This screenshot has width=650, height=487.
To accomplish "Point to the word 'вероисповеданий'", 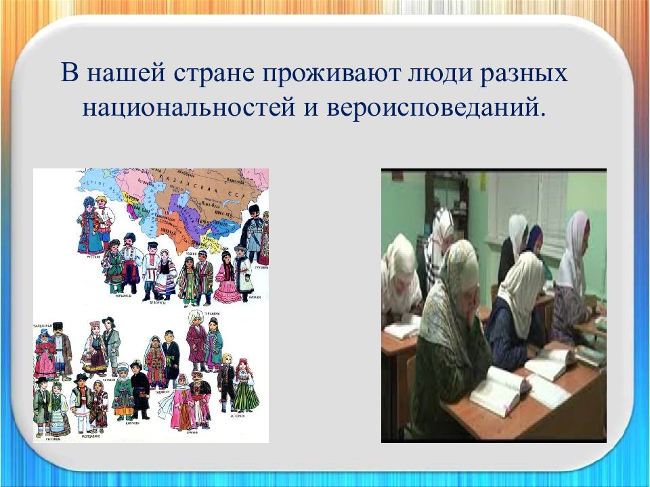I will pyautogui.click(x=431, y=109).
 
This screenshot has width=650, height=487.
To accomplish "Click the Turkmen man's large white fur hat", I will pyautogui.click(x=195, y=317).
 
